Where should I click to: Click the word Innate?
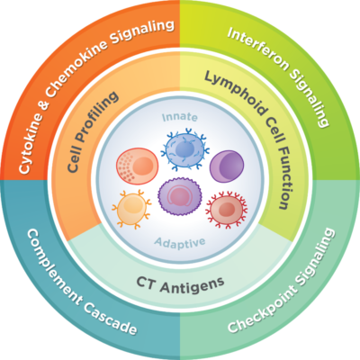click(180, 117)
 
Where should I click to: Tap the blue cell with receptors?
click(184, 148)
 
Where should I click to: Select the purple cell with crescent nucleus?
click(227, 166)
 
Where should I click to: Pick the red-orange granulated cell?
click(137, 166)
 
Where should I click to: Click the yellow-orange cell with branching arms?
click(132, 209)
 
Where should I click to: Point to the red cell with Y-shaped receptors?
click(227, 209)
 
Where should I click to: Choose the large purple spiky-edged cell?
click(180, 196)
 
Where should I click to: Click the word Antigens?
click(193, 283)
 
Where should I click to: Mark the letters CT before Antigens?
click(146, 283)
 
